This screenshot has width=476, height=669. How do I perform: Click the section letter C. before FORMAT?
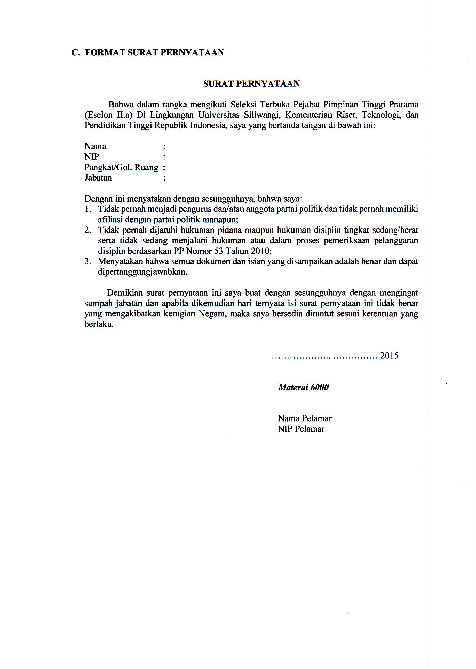(75, 53)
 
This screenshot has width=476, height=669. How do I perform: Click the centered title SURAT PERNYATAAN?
(251, 84)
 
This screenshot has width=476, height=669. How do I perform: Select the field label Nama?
(95, 147)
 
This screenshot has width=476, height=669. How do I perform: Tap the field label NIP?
(92, 157)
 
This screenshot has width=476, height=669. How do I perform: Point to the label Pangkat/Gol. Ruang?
(121, 168)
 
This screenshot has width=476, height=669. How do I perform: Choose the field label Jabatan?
(98, 178)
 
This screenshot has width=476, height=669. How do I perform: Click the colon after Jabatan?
(164, 178)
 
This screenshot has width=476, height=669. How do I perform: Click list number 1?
(88, 209)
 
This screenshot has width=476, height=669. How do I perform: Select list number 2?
(88, 230)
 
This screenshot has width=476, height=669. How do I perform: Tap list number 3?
(88, 261)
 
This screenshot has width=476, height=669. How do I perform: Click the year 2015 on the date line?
(389, 356)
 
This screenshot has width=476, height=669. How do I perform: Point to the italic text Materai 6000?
(303, 388)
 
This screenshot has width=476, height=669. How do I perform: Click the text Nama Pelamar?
(304, 418)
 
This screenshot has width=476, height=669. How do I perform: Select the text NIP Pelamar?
(301, 429)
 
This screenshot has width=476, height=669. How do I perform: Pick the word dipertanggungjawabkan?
(142, 272)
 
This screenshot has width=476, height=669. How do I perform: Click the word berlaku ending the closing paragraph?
(98, 324)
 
